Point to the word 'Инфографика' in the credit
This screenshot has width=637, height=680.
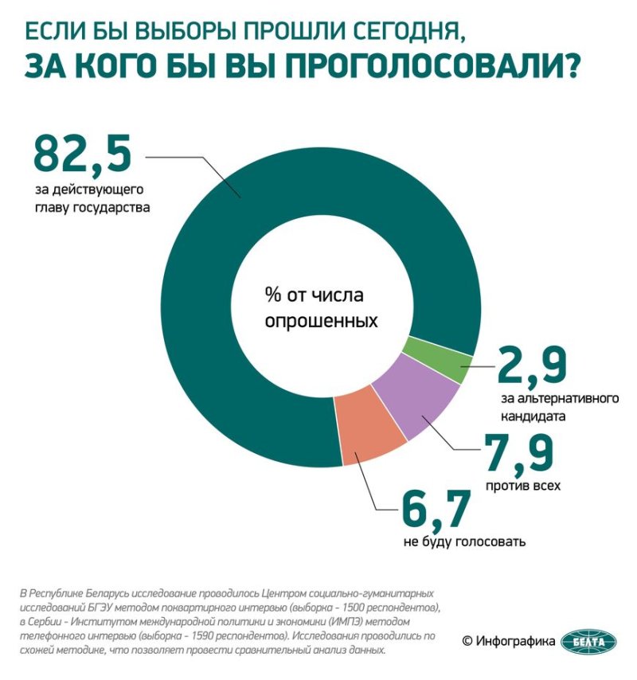[515, 641]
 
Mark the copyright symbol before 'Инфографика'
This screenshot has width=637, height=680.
[467, 641]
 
